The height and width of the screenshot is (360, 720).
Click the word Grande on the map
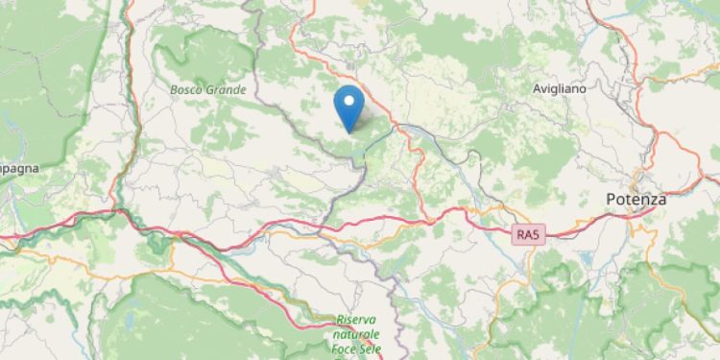228,89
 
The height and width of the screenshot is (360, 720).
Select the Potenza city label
636,199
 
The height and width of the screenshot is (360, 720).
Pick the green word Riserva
358,319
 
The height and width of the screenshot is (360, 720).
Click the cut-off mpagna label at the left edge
16,167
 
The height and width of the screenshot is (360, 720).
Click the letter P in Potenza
612,199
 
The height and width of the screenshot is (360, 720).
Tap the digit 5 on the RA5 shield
533,233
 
